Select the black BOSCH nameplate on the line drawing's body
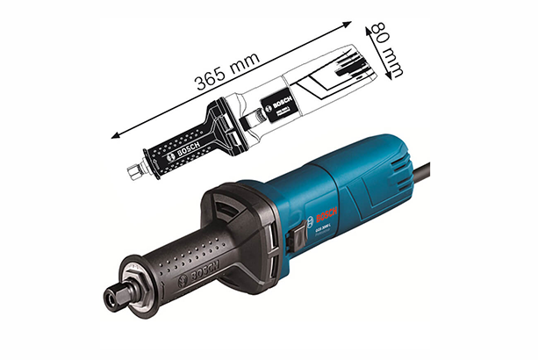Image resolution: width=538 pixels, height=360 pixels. tap(274, 107)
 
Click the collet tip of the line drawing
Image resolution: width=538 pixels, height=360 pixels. tap(133, 169)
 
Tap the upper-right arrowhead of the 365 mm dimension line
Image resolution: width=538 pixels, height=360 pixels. tap(349, 20)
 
